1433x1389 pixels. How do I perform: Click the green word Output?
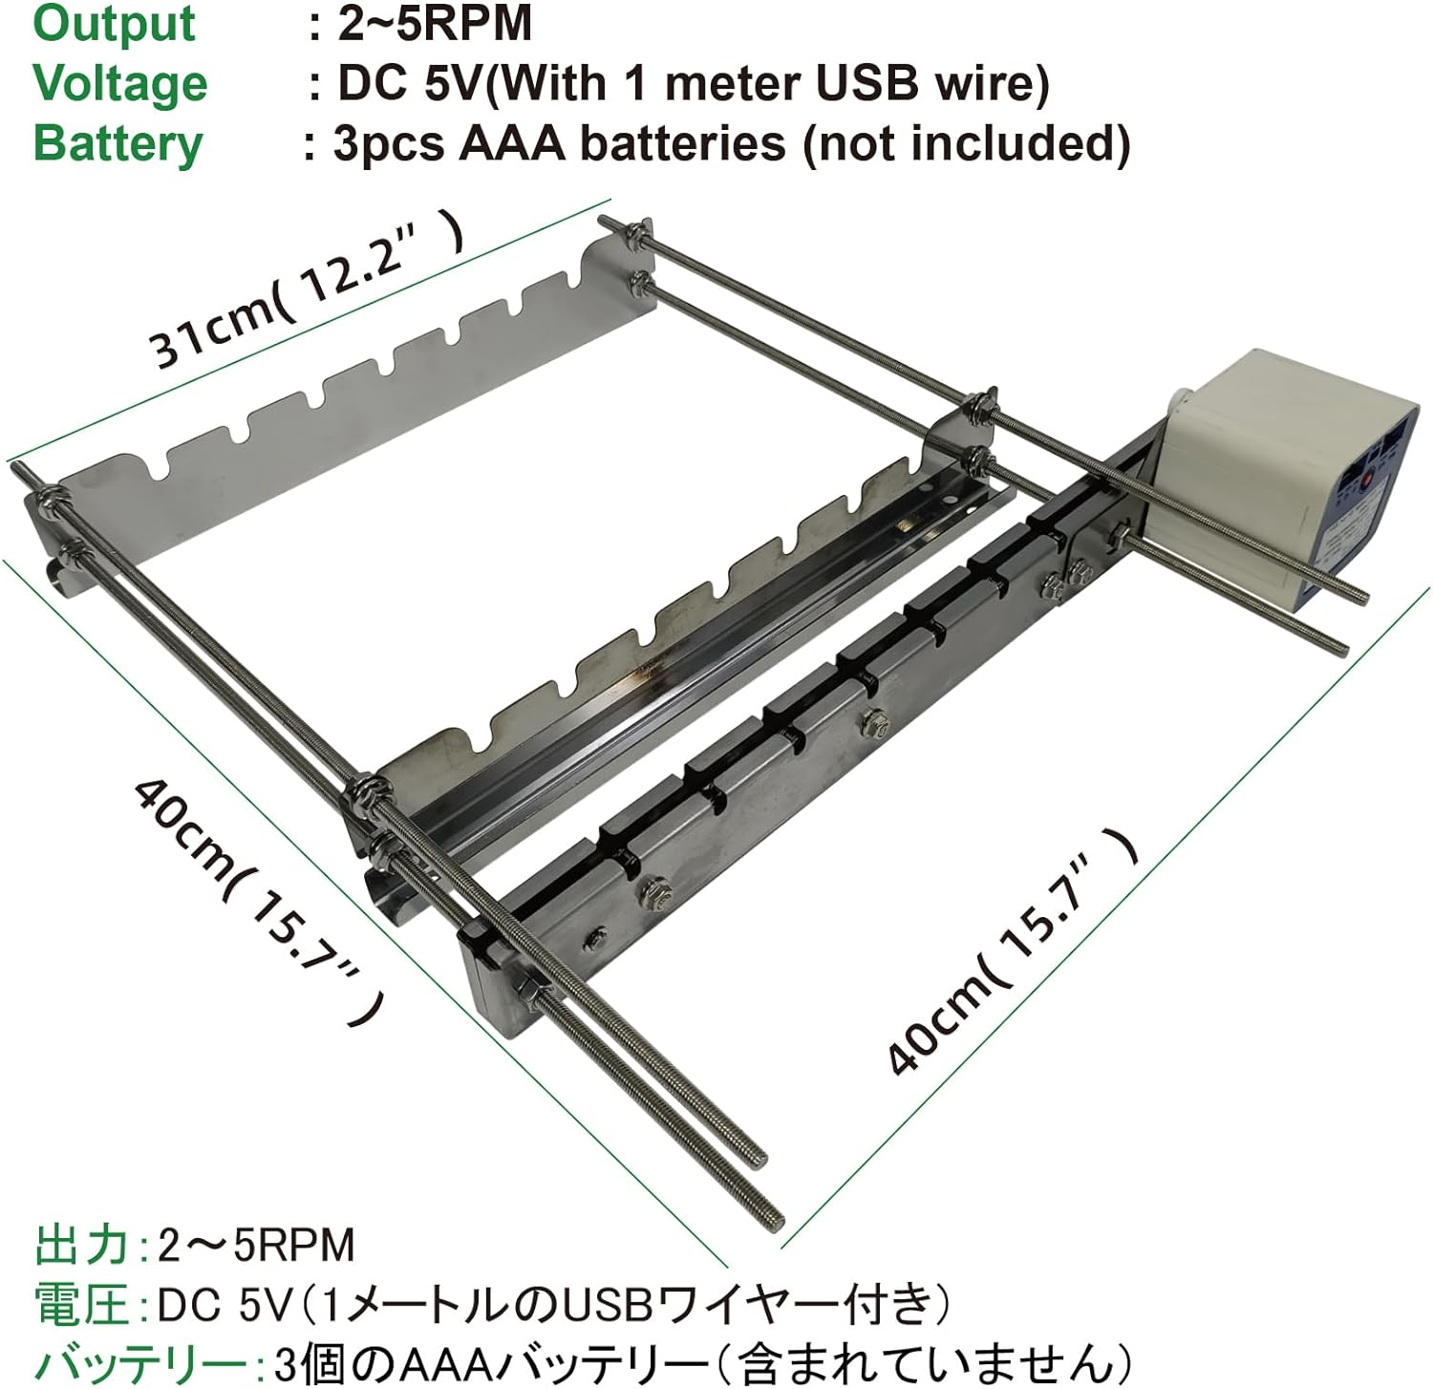pyautogui.click(x=114, y=24)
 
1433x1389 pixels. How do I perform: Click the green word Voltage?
pyautogui.click(x=120, y=84)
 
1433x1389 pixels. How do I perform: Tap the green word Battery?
pyautogui.click(x=118, y=145)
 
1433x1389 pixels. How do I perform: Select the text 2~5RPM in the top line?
pyautogui.click(x=435, y=23)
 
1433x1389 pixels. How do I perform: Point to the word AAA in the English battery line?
pyautogui.click(x=513, y=143)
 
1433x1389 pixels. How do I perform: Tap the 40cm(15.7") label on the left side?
pyautogui.click(x=259, y=898)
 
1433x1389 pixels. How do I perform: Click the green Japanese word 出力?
pyautogui.click(x=82, y=1245)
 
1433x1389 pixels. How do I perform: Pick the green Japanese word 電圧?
pyautogui.click(x=82, y=1304)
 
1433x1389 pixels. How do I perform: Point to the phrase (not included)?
pyautogui.click(x=967, y=144)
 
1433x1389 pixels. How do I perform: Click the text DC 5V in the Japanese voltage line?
pyautogui.click(x=223, y=1304)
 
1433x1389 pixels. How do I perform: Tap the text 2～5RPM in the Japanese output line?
pyautogui.click(x=256, y=1245)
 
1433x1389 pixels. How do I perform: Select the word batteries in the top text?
pyautogui.click(x=683, y=143)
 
